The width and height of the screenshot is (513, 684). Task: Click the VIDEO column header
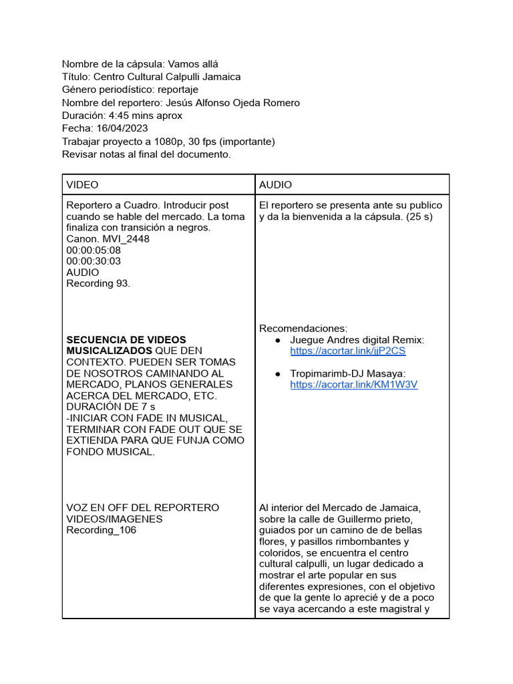82,184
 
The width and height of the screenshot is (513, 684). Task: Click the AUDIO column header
275,184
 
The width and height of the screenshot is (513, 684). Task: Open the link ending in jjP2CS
347,351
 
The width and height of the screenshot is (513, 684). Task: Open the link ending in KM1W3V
353,385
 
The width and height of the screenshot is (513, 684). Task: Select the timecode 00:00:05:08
94,250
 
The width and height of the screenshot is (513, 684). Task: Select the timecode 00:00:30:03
94,261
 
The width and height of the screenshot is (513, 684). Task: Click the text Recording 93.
98,283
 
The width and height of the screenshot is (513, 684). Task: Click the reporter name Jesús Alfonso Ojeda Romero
232,103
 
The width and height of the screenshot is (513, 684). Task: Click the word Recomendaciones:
303,329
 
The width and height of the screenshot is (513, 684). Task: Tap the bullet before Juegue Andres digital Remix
277,340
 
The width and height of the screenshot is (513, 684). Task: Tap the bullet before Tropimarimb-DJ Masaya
277,373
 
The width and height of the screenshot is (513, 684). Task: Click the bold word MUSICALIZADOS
109,351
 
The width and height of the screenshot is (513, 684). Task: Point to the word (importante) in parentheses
246,142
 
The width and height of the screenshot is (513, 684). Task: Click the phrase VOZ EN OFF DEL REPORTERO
142,508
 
